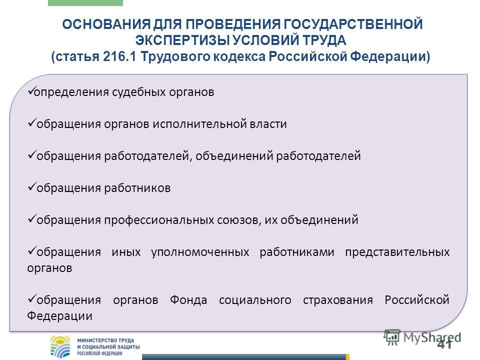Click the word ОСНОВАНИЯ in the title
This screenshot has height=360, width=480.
pyautogui.click(x=106, y=24)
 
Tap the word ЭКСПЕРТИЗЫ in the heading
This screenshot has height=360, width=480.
pyautogui.click(x=182, y=40)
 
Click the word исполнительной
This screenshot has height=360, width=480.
pyautogui.click(x=199, y=124)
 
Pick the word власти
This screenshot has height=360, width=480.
pyautogui.click(x=268, y=124)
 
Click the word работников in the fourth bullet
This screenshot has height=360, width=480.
pyautogui.click(x=137, y=188)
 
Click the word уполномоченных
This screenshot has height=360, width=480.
pyautogui.click(x=200, y=252)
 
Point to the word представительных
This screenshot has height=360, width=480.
pyautogui.click(x=397, y=252)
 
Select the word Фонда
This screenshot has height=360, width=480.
pyautogui.click(x=188, y=300)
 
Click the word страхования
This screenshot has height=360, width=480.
pyautogui.click(x=337, y=300)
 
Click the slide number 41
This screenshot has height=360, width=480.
pyautogui.click(x=444, y=344)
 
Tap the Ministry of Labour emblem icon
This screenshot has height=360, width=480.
pyautogui.click(x=60, y=347)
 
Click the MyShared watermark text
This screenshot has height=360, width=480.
pyautogui.click(x=432, y=337)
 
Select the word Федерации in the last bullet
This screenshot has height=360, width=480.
pyautogui.click(x=59, y=316)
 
